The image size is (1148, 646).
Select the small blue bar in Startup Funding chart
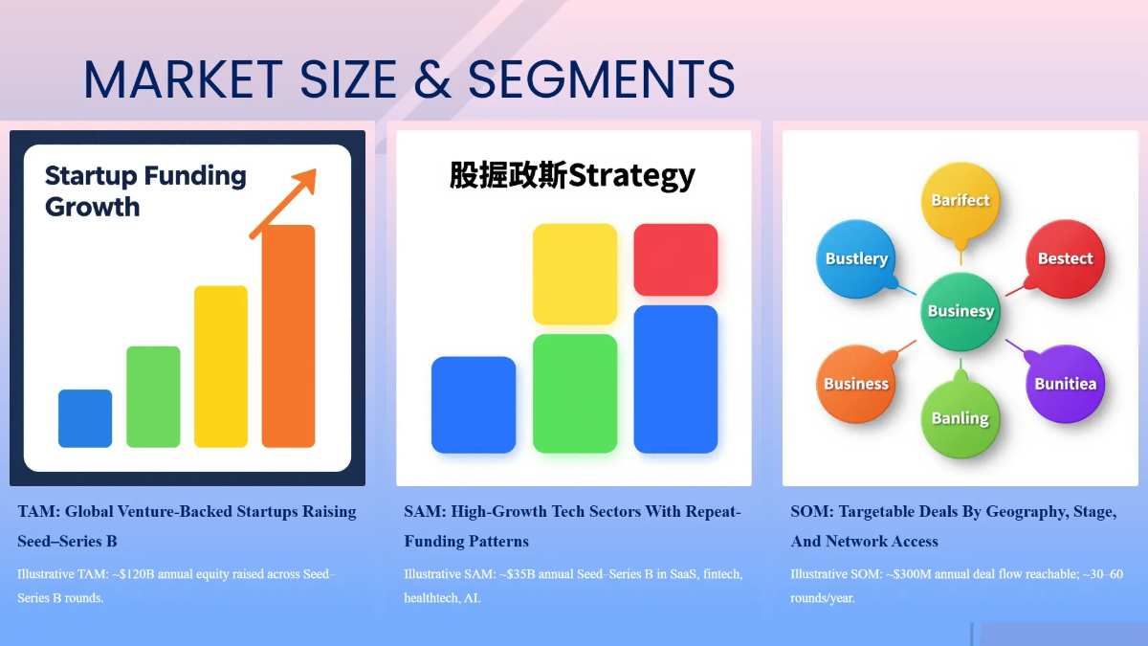click(x=85, y=418)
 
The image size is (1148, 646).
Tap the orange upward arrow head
click(x=305, y=180)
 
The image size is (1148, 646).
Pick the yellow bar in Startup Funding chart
click(x=221, y=366)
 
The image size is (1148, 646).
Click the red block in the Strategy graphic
click(x=675, y=259)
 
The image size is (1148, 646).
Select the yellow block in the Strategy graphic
click(x=575, y=274)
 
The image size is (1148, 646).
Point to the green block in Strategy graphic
click(x=575, y=393)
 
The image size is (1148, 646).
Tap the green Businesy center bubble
click(x=960, y=311)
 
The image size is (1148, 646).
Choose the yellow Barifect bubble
click(x=960, y=200)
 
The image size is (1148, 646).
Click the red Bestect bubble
click(x=1065, y=258)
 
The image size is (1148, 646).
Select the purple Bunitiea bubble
click(x=1065, y=384)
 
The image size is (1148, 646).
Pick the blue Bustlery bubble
click(x=856, y=258)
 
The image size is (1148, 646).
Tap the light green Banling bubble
click(x=960, y=418)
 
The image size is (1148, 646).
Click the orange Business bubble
click(x=856, y=384)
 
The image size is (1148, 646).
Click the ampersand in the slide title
click(x=432, y=79)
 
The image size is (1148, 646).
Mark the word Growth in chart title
click(x=92, y=207)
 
